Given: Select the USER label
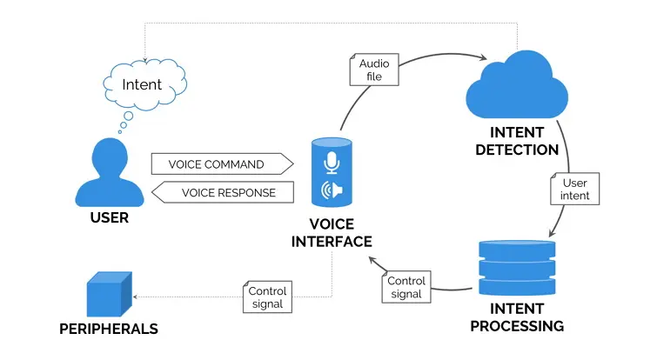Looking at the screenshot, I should point(109,217).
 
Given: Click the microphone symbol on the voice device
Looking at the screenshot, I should point(332,163).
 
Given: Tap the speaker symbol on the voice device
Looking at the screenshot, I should point(332,190).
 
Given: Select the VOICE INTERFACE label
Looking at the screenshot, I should point(332,233).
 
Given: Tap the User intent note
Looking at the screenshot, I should point(575,189).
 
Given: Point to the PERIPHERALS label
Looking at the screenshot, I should point(109,330).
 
